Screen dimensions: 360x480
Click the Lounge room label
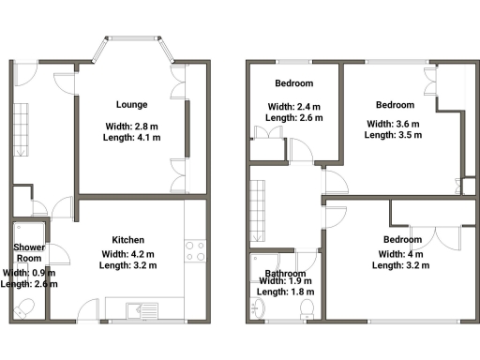click(130, 104)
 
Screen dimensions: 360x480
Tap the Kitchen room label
click(128, 239)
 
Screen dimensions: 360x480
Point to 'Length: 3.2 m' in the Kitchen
click(128, 265)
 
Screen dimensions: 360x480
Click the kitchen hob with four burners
click(196, 251)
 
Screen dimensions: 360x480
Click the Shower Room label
click(29, 252)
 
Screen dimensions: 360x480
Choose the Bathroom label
click(285, 274)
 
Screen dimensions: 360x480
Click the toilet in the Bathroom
click(257, 306)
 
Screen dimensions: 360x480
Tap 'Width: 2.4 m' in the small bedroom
click(294, 106)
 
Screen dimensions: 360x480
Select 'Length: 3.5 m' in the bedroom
click(393, 135)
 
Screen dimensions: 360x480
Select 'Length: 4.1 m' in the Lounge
click(130, 137)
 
